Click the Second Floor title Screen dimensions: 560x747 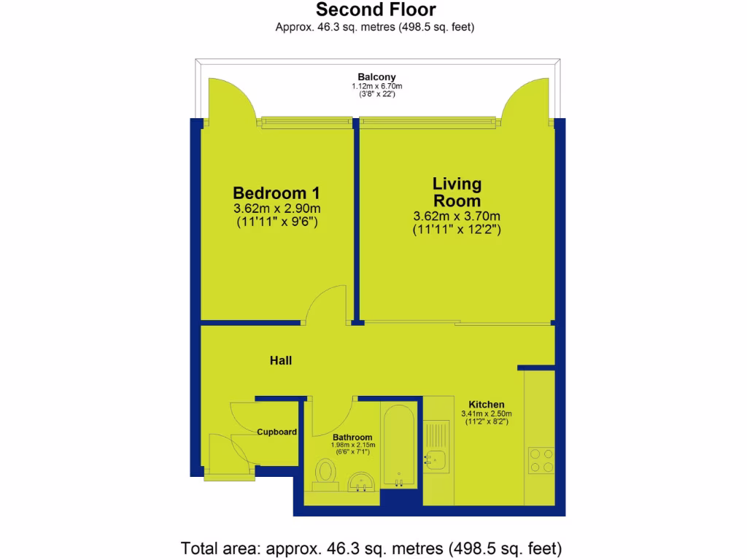point(376,10)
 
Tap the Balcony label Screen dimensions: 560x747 point(376,77)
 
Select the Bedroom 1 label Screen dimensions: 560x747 point(276,193)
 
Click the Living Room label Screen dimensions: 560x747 point(457,192)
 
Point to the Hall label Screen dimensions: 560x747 point(281,360)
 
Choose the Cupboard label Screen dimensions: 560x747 point(276,432)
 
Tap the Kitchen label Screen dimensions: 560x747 point(487,405)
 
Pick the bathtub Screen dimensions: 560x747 point(400,445)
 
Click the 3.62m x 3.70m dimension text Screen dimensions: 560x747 point(457,216)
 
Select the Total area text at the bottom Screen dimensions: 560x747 point(371,548)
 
